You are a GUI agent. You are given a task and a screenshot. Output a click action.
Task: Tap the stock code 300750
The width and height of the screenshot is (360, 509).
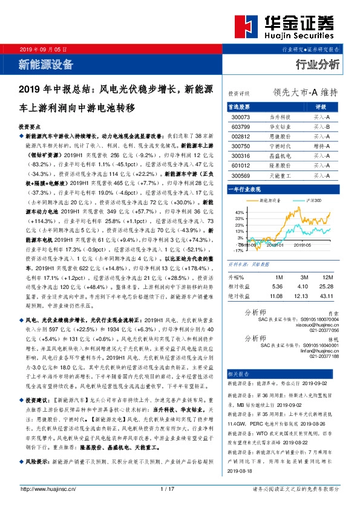(x=240, y=146)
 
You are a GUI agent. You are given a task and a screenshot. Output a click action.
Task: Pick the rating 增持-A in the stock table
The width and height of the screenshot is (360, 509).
(x=321, y=146)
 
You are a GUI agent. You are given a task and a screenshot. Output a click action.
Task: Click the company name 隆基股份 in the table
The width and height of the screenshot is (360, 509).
(x=279, y=166)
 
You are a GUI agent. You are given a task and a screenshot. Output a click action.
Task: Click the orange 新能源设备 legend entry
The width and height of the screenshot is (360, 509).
(x=269, y=199)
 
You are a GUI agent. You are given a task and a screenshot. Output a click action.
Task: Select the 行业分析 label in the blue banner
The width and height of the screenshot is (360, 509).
(x=317, y=63)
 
